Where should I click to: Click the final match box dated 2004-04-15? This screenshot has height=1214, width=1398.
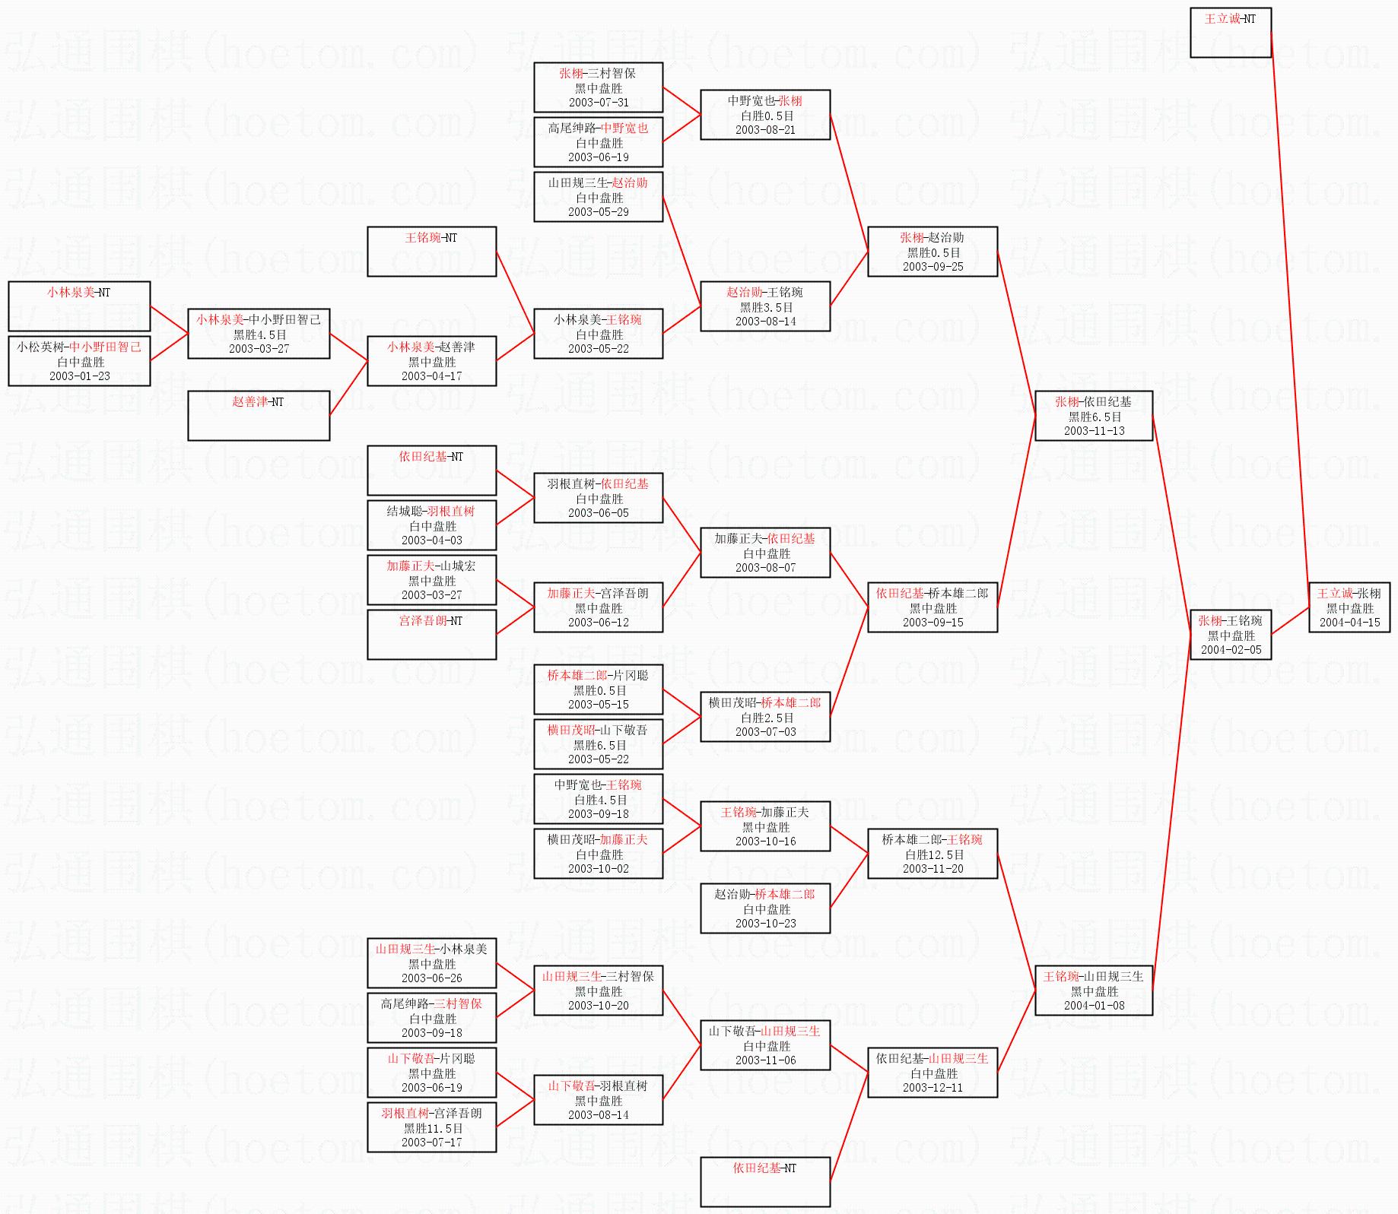point(1349,607)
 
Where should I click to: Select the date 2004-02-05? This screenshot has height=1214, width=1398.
point(1231,650)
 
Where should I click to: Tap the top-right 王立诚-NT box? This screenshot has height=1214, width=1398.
point(1230,33)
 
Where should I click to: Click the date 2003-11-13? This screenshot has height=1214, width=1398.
point(1094,431)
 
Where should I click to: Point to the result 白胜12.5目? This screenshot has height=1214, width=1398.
point(933,854)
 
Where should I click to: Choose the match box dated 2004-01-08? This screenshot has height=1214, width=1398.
point(1094,991)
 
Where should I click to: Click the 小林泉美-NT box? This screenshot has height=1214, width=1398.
point(79,306)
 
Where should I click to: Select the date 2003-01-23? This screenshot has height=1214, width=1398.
point(80,376)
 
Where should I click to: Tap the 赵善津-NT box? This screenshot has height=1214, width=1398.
point(259,415)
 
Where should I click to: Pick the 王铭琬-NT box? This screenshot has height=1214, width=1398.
point(431,252)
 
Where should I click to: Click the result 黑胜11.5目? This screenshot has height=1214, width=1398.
point(432,1128)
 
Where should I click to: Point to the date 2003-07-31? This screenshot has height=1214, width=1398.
point(599,103)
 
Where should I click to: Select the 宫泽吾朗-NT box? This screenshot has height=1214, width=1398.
point(431,634)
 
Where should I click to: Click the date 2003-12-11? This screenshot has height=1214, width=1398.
point(933,1088)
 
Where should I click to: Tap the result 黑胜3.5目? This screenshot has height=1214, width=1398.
point(765,307)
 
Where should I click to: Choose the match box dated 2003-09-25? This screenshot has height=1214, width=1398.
point(933,252)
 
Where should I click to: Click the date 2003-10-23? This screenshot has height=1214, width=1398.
point(765,924)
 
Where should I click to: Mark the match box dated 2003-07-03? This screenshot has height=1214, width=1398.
point(765,717)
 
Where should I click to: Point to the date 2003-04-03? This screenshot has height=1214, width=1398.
point(432,540)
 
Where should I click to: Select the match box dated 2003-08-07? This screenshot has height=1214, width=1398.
point(765,553)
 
